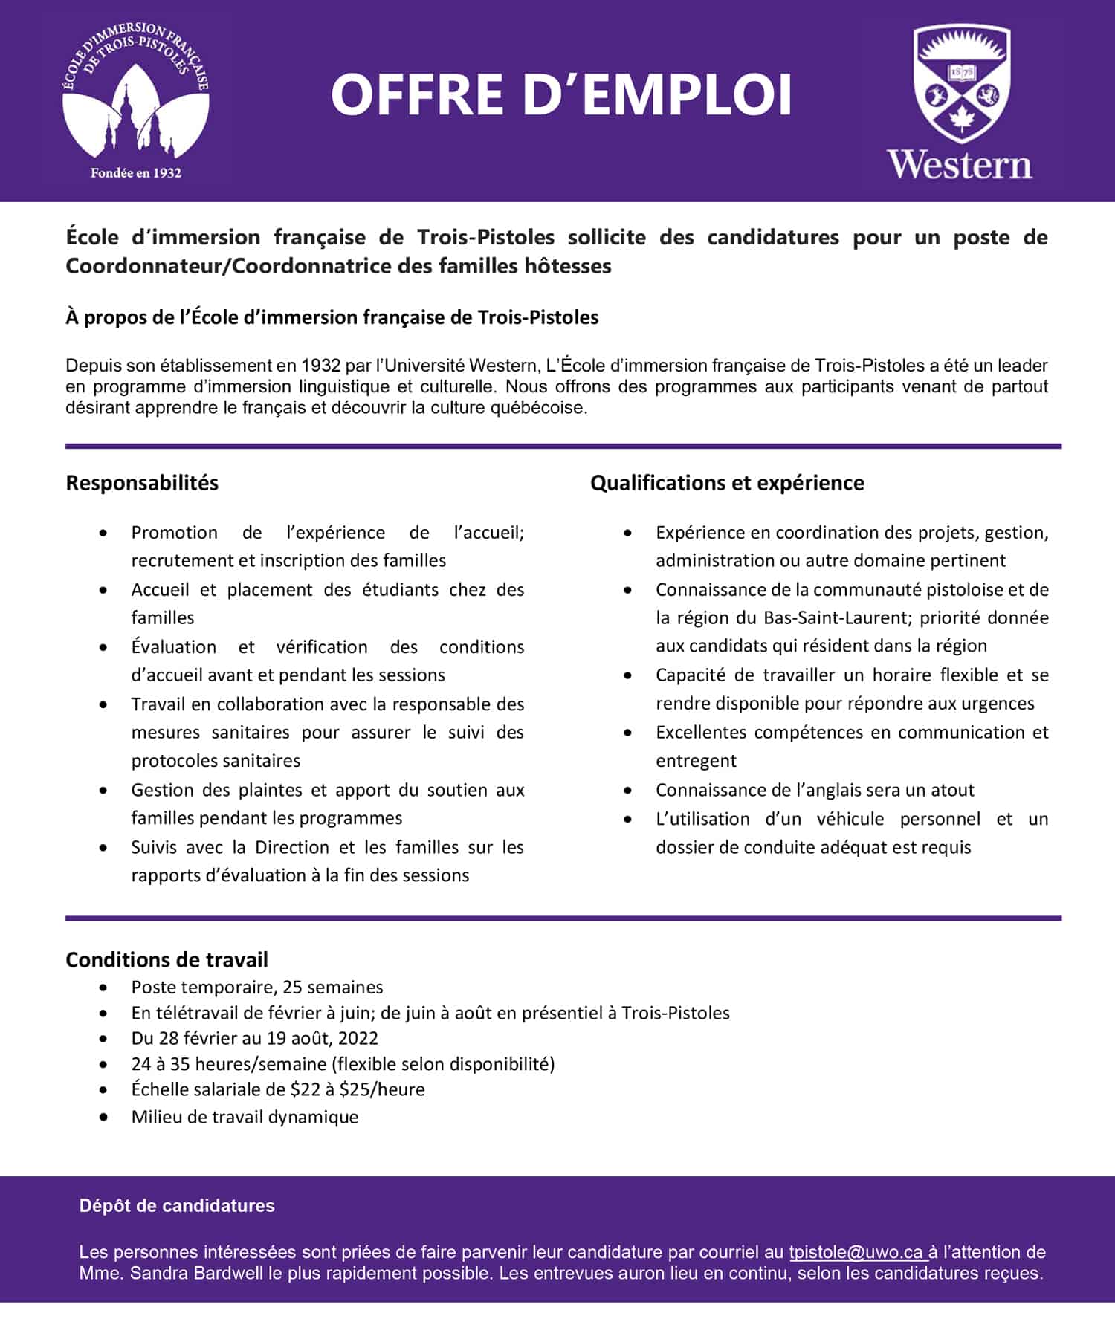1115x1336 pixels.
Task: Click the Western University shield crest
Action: [x=961, y=82]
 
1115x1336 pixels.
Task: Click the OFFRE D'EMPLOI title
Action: [x=561, y=95]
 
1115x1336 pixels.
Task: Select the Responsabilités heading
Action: [x=142, y=483]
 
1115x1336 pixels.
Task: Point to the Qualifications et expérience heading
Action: [x=727, y=483]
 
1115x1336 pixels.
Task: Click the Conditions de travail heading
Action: [x=167, y=959]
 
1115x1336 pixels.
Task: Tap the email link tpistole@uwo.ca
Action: [x=857, y=1252]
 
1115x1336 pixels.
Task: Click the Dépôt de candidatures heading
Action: [x=177, y=1205]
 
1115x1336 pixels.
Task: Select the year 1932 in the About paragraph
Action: [x=317, y=366]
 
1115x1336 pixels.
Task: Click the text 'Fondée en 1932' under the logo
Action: [x=136, y=173]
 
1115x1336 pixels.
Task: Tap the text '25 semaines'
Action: [x=333, y=987]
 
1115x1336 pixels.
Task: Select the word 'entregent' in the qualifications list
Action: [x=696, y=761]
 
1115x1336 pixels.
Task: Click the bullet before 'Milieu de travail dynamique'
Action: [x=103, y=1117]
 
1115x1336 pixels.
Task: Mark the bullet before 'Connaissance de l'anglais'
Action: [x=628, y=790]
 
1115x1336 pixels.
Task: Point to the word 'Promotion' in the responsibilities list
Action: [x=175, y=533]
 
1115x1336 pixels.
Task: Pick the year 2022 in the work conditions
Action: [x=358, y=1038]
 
